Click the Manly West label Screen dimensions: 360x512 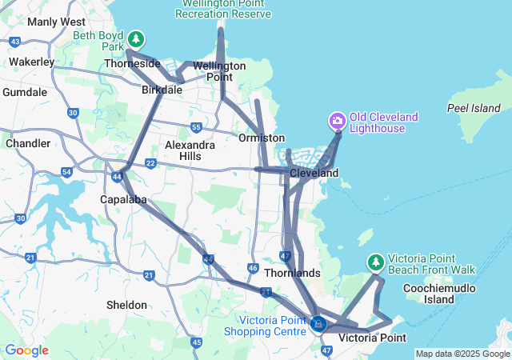[x=56, y=22]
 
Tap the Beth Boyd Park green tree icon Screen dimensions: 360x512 [x=137, y=38]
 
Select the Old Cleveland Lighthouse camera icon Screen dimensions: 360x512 [x=337, y=122]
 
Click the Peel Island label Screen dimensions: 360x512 [x=474, y=107]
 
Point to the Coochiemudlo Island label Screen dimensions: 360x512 [x=429, y=294]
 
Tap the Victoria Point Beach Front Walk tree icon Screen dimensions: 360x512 [x=375, y=262]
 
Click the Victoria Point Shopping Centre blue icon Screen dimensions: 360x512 [x=319, y=324]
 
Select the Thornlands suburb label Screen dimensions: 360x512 [x=292, y=273]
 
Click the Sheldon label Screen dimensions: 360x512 [x=126, y=305]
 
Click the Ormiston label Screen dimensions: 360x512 [x=262, y=138]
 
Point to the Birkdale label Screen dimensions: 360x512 [x=162, y=90]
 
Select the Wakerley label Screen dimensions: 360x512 [x=32, y=62]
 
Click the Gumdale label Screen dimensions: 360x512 [x=25, y=92]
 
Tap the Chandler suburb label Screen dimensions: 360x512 [x=28, y=143]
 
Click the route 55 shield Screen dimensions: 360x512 [x=196, y=126]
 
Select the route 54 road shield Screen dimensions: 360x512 [x=66, y=172]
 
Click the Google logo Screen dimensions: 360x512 [x=26, y=350]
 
